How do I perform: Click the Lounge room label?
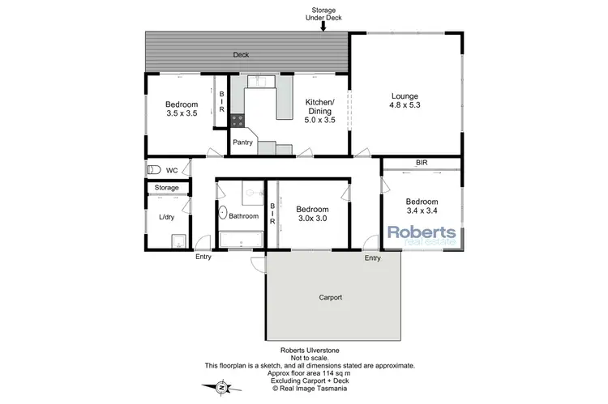click(x=405, y=99)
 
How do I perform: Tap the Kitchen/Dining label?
click(x=319, y=108)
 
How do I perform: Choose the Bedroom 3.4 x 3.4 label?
click(x=422, y=207)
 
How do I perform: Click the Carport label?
click(x=330, y=297)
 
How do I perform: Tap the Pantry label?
click(x=243, y=143)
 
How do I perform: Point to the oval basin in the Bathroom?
click(x=222, y=215)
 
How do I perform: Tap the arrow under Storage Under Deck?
click(x=323, y=26)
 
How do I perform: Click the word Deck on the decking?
click(x=241, y=55)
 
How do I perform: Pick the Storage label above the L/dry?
click(x=167, y=188)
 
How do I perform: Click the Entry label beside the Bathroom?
click(x=204, y=258)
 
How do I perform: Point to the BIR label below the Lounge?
click(x=422, y=163)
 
